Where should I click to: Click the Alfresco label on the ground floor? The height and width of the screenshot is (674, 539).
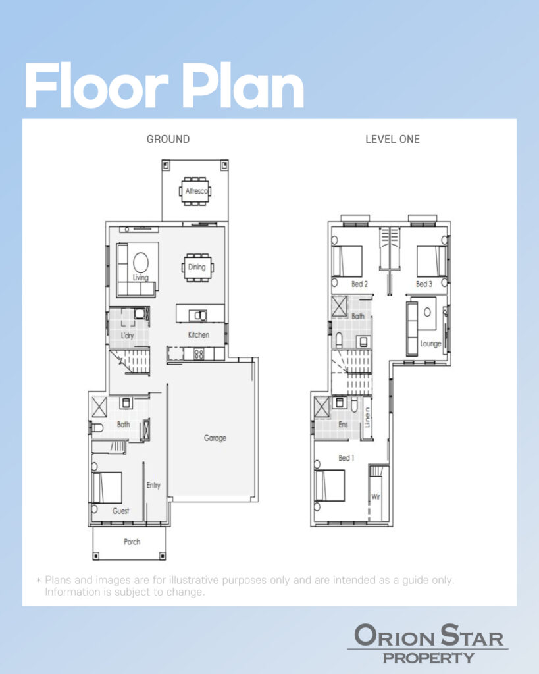(x=196, y=191)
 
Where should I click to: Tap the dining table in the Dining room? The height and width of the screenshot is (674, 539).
(x=197, y=267)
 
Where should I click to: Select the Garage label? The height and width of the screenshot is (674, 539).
(x=215, y=438)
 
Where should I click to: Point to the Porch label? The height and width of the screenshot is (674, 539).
(x=132, y=542)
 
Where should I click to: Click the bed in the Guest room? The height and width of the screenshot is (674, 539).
(x=107, y=488)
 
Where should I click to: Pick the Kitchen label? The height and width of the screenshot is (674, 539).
(x=199, y=335)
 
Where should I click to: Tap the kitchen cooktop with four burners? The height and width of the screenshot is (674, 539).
(x=199, y=354)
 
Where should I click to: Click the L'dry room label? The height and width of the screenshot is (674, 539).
(x=127, y=336)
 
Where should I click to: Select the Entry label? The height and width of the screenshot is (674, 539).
(x=153, y=485)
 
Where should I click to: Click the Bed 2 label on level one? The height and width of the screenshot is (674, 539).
(x=359, y=284)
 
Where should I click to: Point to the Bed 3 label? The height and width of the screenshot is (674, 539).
(x=424, y=284)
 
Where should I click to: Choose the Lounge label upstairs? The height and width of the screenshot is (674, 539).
(x=430, y=344)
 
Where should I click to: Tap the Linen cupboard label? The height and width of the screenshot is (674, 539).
(x=367, y=418)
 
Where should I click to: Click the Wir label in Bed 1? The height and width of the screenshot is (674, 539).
(x=376, y=496)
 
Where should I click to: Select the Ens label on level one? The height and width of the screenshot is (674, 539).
(x=343, y=425)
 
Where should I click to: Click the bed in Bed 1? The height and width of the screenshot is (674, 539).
(x=330, y=485)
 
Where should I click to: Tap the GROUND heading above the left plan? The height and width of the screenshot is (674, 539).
(x=168, y=140)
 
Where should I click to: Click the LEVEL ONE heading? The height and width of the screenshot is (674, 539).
(x=392, y=140)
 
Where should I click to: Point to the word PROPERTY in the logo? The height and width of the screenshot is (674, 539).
(x=428, y=658)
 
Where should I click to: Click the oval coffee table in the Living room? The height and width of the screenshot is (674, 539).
(x=141, y=263)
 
